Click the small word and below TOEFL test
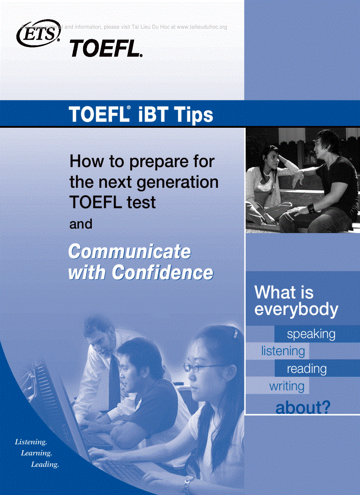[81, 224]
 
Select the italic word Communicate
[130, 252]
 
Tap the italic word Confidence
[162, 272]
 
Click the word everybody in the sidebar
[296, 309]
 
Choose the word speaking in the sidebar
[311, 334]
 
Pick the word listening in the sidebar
[283, 351]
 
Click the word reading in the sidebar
[307, 368]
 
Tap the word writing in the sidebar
[287, 386]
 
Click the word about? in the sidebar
[303, 408]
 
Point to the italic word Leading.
[45, 465]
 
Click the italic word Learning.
[37, 453]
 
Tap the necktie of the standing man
[114, 383]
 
